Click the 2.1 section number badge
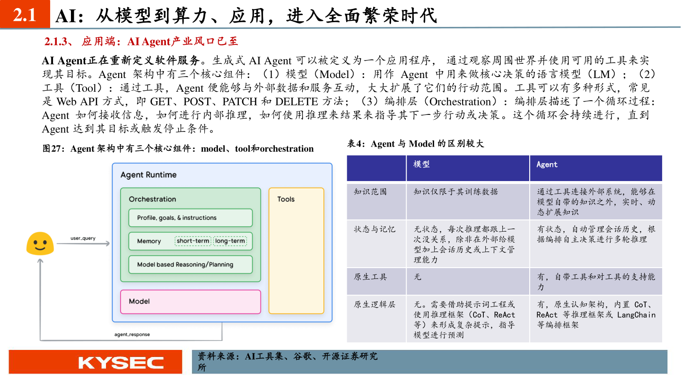(25, 16)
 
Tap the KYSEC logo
(121, 363)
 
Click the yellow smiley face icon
(39, 244)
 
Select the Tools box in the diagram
(296, 251)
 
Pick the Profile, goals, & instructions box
(190, 218)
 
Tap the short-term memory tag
(193, 241)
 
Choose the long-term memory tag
(230, 241)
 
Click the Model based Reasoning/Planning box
(190, 265)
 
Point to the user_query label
(83, 238)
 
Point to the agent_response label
(132, 335)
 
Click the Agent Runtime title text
(148, 175)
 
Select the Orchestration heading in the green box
(152, 199)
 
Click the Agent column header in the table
(547, 165)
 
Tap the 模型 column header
(421, 165)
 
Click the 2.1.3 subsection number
(57, 42)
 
